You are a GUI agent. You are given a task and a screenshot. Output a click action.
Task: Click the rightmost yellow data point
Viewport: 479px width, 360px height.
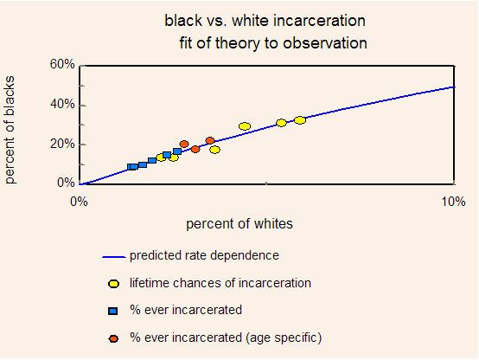[300, 120]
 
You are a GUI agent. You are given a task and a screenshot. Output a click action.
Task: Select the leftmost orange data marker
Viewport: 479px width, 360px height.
[184, 144]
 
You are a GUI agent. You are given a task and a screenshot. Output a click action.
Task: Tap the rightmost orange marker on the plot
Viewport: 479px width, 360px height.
[210, 141]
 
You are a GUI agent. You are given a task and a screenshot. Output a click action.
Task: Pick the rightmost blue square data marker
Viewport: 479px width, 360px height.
[177, 151]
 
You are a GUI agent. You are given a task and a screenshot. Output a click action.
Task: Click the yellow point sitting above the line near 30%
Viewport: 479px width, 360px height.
[245, 126]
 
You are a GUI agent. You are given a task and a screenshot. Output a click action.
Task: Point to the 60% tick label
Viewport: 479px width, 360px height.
[62, 64]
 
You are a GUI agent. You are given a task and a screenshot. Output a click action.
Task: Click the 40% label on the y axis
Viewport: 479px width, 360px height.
[62, 105]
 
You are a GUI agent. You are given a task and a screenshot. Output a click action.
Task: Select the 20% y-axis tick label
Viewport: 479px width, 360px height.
[62, 144]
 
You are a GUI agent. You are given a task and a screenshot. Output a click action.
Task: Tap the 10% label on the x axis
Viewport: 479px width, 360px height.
[453, 202]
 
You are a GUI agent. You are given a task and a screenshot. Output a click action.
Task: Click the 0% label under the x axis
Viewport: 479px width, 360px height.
[79, 202]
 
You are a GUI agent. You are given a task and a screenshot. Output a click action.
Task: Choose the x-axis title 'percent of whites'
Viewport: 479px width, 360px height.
[239, 224]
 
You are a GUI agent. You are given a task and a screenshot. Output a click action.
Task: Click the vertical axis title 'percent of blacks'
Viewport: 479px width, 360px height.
[10, 130]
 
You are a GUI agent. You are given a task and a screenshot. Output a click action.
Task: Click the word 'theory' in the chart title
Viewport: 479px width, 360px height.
[237, 43]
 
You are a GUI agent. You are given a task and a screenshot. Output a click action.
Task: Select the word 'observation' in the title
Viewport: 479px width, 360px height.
[325, 42]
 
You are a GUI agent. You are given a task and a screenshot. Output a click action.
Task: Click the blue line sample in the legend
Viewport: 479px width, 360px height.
[114, 257]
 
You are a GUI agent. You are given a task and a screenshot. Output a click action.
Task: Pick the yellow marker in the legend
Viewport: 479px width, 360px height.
[113, 284]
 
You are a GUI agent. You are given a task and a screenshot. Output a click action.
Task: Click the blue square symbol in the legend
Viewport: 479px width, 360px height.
[113, 312]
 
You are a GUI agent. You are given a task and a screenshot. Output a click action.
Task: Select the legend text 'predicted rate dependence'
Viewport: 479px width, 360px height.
[204, 255]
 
